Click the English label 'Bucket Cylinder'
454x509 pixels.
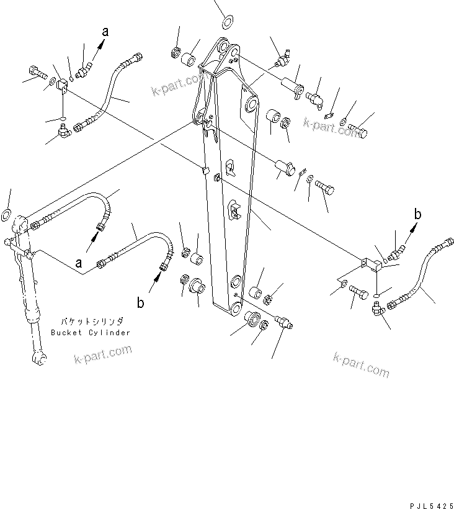pos(91,333)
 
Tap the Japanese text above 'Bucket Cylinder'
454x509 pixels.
pos(91,322)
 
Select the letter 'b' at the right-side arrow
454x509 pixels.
pos(418,214)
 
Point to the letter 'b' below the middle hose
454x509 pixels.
pos(141,303)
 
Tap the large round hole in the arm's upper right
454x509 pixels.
pos(251,103)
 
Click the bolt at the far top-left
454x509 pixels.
pos(35,72)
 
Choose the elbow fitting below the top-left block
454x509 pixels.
pos(63,131)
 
